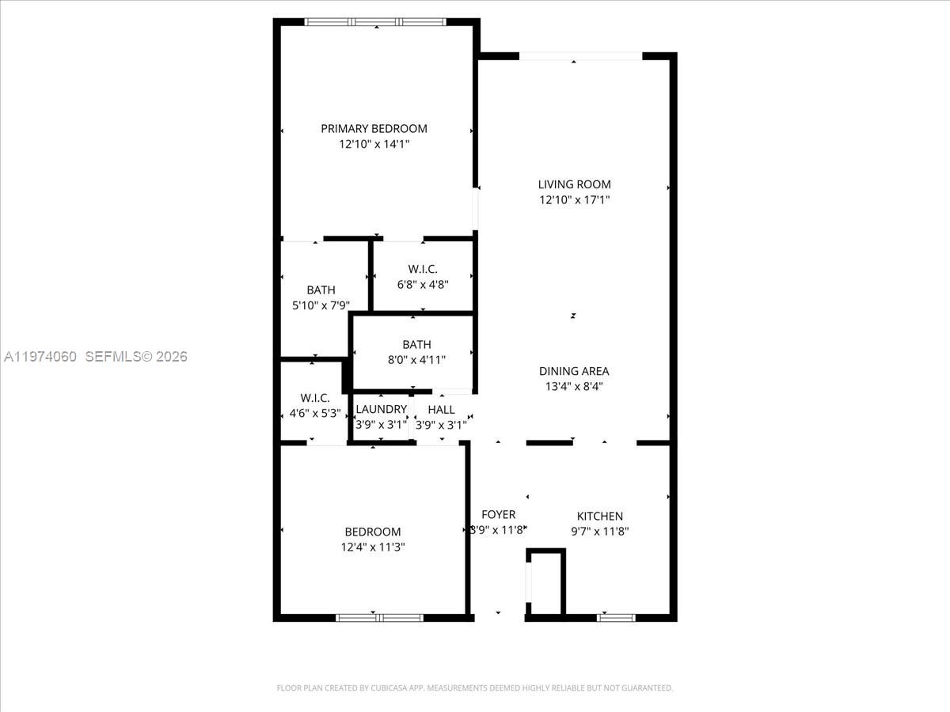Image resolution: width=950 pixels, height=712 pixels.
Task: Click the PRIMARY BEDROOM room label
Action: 374,128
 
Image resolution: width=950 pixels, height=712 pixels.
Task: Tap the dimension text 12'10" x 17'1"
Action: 574,200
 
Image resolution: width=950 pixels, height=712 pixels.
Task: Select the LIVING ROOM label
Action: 574,184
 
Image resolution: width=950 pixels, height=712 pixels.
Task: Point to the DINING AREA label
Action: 574,371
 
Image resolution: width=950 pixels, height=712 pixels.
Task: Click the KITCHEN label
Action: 599,516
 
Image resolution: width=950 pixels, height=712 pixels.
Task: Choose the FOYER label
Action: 498,514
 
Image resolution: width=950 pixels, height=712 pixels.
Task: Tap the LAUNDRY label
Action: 381,409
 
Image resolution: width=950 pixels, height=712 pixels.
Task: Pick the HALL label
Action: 441,409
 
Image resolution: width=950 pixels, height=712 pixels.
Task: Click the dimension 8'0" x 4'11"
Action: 416,360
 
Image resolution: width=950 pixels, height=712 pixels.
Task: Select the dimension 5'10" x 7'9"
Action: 321,305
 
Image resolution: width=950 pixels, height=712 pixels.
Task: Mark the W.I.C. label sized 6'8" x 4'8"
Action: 423,269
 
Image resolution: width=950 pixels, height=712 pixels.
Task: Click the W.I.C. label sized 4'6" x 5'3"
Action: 314,397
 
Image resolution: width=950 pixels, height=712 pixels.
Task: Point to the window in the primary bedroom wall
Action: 376,22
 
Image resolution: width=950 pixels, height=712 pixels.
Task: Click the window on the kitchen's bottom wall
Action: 615,617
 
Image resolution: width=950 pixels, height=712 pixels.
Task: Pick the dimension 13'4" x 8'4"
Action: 574,387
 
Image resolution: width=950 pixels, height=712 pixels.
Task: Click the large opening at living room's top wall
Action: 580,56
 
